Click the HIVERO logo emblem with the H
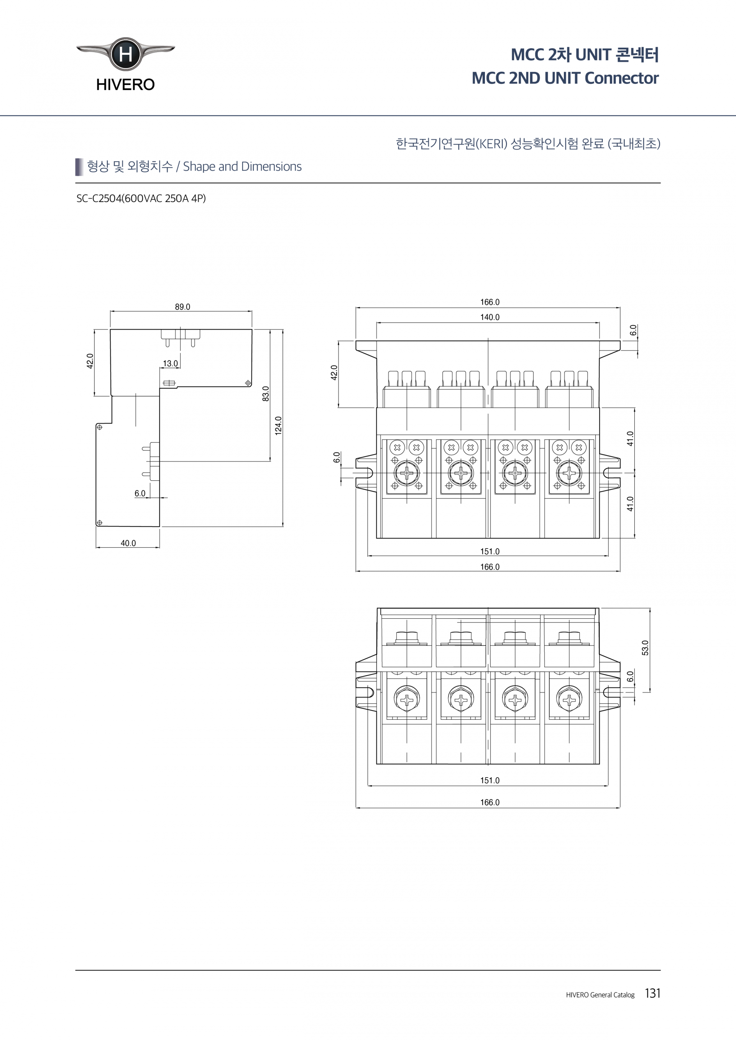tap(125, 54)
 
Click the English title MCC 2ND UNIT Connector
tap(565, 78)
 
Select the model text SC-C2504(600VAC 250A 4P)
tap(141, 198)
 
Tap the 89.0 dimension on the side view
tap(182, 307)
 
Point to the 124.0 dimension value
tap(278, 426)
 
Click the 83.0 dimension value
tap(266, 394)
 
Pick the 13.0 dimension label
tap(171, 363)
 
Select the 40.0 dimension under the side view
tap(128, 543)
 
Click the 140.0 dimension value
tap(490, 317)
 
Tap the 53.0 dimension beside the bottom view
tap(645, 648)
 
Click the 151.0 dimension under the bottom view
tap(490, 780)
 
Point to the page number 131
tap(652, 993)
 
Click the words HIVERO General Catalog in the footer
tap(600, 995)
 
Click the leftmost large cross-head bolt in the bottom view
tap(407, 700)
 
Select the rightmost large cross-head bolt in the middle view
tap(569, 473)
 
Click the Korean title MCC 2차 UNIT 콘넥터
tap(585, 54)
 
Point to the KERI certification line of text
tap(528, 144)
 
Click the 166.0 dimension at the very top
tap(490, 302)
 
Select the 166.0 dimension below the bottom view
tap(490, 802)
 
